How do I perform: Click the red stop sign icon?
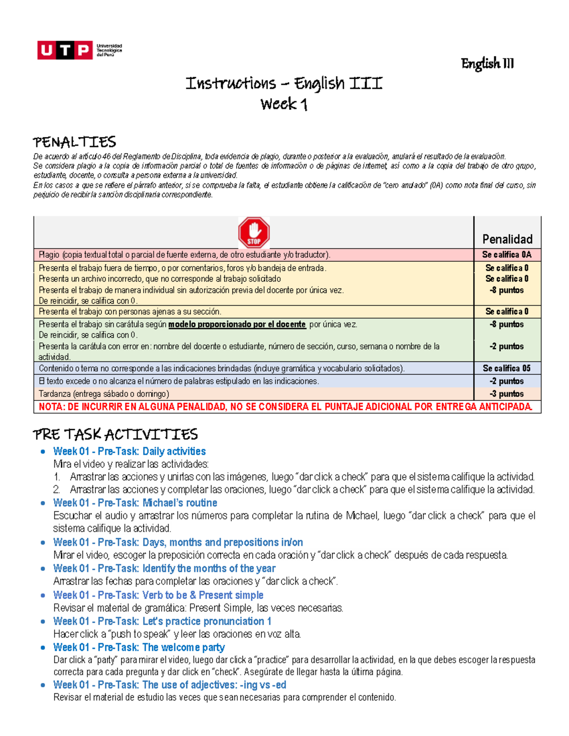[254, 233]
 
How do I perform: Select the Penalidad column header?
[507, 239]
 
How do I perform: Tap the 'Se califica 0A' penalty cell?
[507, 254]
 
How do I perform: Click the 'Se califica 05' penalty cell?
[507, 368]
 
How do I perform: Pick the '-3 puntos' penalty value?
[507, 394]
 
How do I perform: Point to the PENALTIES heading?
[74, 142]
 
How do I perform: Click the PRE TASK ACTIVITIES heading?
[115, 434]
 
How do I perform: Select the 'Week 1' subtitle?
[284, 104]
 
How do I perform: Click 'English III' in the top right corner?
[487, 64]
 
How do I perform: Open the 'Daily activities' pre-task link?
[129, 451]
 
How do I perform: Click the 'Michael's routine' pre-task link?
[135, 503]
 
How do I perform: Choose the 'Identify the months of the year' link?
[164, 568]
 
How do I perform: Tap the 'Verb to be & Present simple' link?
[158, 595]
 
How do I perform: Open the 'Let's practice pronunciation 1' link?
[162, 621]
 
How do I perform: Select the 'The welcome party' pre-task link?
[139, 647]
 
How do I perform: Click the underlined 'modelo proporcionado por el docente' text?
[237, 325]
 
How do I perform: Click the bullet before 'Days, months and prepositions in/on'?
[43, 543]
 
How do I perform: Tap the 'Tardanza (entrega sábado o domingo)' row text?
[104, 394]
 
